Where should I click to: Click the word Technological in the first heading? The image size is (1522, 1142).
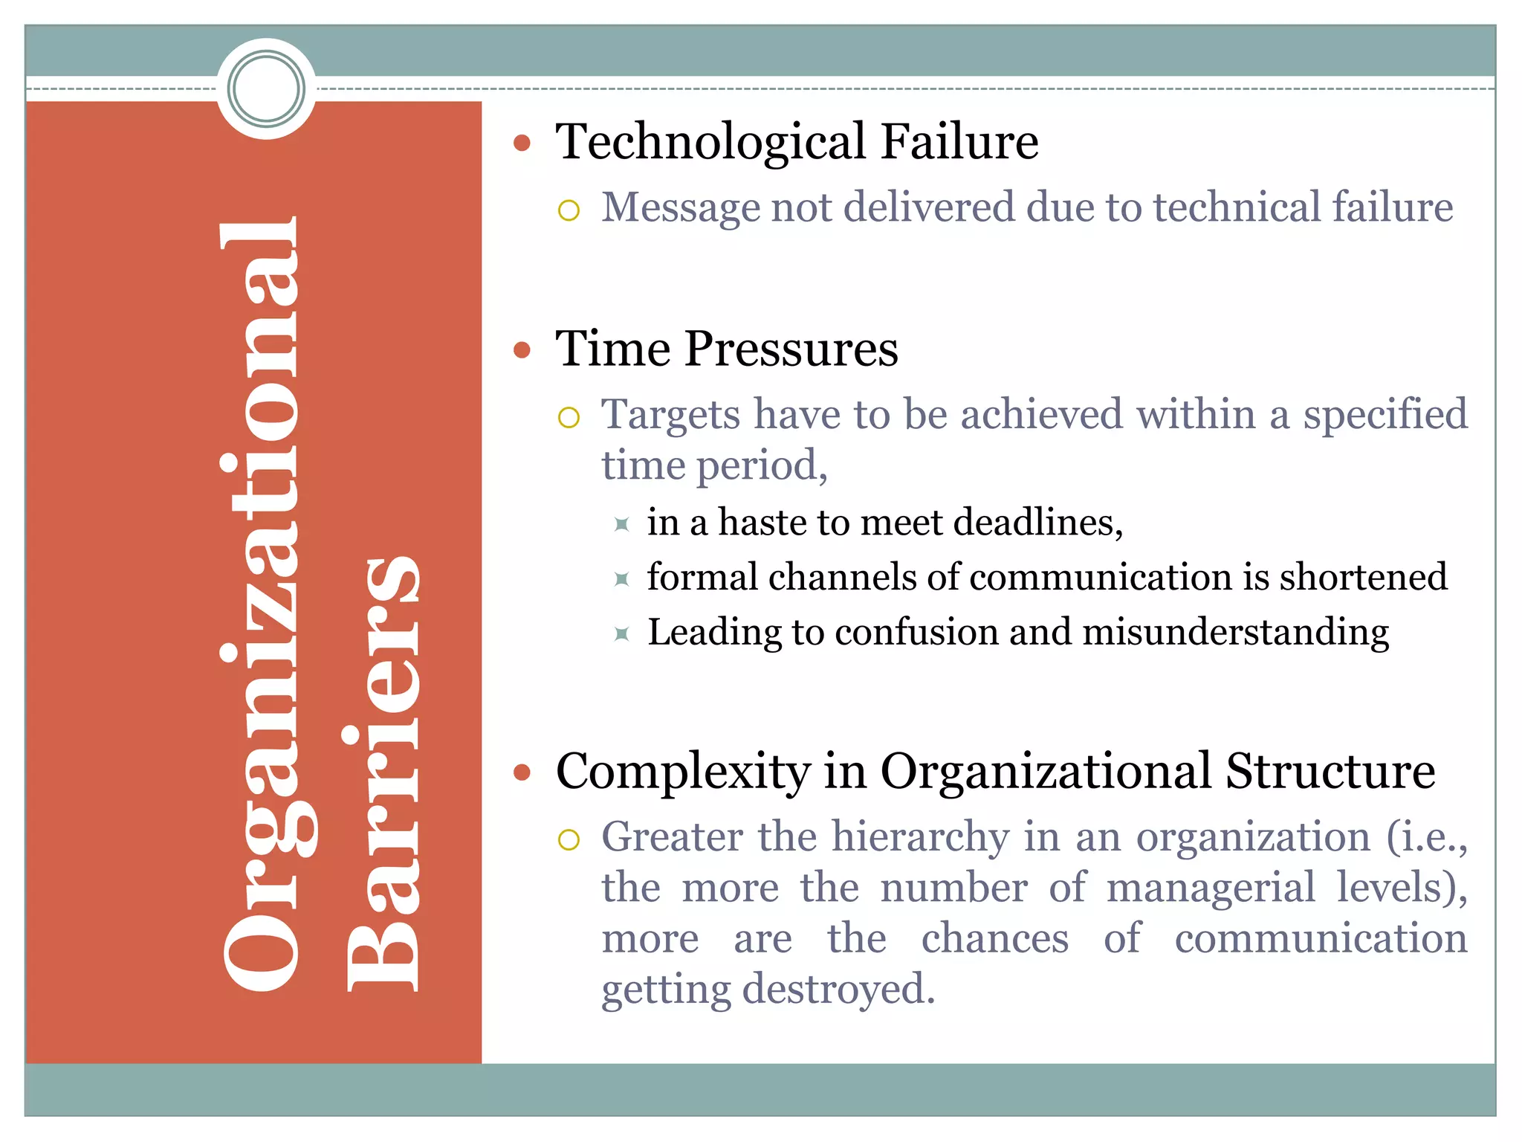[x=711, y=142]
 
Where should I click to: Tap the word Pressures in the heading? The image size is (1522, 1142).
[x=791, y=349]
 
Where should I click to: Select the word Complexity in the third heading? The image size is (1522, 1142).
[x=683, y=771]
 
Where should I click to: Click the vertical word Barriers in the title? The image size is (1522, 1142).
[x=383, y=773]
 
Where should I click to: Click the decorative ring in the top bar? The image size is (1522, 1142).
[x=266, y=89]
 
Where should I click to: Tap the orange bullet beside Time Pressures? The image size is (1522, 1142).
[x=522, y=349]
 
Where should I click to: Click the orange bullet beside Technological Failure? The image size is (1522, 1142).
[x=522, y=143]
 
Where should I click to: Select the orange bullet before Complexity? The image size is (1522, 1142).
[x=522, y=772]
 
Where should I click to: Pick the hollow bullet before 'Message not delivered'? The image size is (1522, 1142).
[x=569, y=210]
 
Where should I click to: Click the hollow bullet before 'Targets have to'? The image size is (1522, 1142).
[x=569, y=417]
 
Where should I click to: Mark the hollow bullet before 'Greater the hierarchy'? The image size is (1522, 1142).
[x=569, y=840]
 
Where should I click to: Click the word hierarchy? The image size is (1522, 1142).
[x=920, y=837]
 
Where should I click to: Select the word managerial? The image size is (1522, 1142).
[x=1211, y=888]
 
